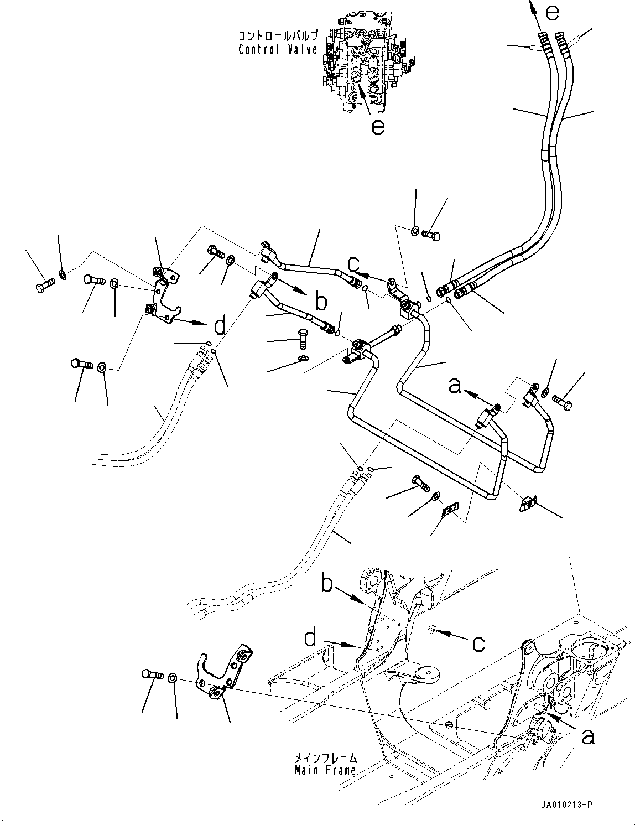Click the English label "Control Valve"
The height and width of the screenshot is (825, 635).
pos(278,50)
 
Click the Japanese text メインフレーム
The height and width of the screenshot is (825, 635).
pos(325,758)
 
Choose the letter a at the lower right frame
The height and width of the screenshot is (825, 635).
pos(589,735)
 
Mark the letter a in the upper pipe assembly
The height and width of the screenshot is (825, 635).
pos(455,385)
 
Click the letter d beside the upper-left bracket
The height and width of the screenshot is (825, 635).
pos(220,326)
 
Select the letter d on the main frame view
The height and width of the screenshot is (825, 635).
pos(310,639)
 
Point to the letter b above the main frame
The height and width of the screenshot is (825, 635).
pos(327,584)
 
